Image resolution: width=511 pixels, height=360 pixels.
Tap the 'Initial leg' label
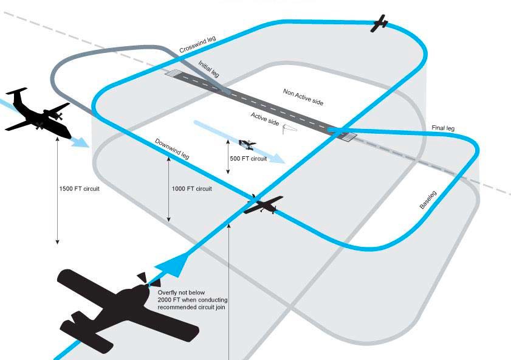coord(208,68)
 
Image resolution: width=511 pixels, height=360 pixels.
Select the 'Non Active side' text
coord(303,97)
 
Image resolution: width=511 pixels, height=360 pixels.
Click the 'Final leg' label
coord(443,128)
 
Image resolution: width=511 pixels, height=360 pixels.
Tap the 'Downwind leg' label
coord(172,149)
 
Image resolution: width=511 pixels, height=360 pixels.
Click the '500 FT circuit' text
coord(248,159)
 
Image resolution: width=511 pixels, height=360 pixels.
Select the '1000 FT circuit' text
coord(192,189)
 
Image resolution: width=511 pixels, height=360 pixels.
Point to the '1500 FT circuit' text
coord(79,189)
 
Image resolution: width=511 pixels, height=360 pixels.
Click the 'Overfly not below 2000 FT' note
coord(191,300)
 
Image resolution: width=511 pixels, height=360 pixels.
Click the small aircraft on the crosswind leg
coord(380,23)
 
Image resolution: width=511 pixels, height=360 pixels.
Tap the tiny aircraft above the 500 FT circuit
coord(247,144)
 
